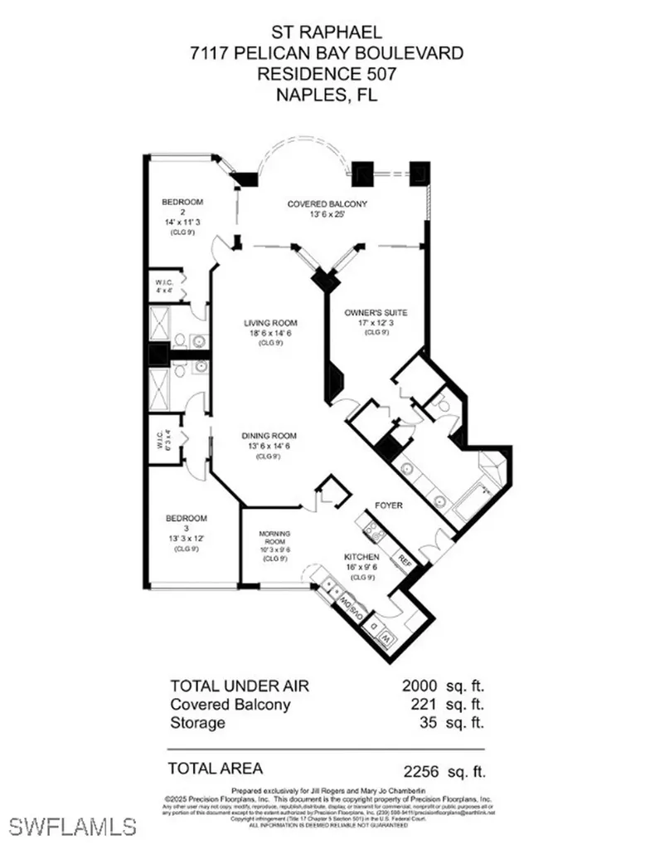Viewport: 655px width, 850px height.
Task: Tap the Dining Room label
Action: point(269,436)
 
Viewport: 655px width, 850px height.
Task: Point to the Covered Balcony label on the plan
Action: point(327,204)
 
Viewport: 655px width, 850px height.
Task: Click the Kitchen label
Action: point(362,557)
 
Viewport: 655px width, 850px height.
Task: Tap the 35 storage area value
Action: point(427,723)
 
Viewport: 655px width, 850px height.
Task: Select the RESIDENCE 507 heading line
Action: point(327,74)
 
